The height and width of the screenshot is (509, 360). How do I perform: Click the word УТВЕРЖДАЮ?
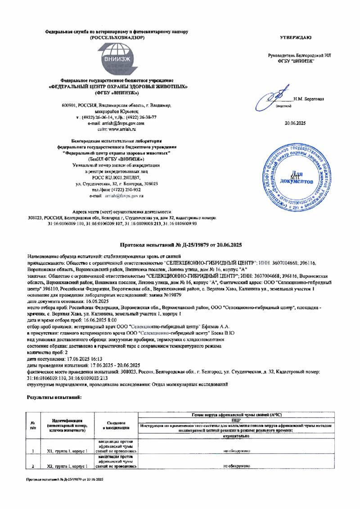click(295, 36)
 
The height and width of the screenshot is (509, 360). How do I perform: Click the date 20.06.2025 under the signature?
click(295, 123)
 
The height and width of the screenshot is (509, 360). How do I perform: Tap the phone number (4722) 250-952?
click(125, 190)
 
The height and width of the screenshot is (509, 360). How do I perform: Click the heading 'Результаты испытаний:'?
click(54, 397)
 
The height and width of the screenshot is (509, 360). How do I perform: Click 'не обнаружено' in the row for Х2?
click(236, 466)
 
